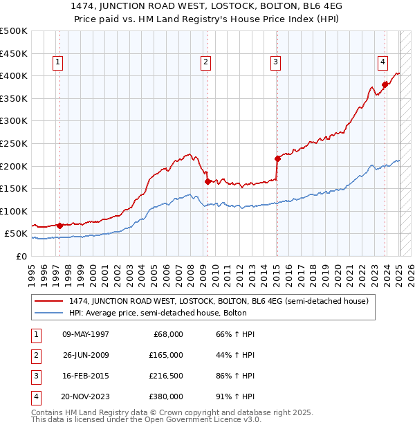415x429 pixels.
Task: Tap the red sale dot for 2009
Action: pos(207,182)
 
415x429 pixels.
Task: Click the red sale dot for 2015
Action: pos(277,158)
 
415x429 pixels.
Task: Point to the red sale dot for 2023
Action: pos(385,84)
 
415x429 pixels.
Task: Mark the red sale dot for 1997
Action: pos(59,226)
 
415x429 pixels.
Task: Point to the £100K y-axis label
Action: pos(14,211)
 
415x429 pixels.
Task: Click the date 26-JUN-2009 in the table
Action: pos(86,355)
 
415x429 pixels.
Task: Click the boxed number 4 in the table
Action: pos(35,396)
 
